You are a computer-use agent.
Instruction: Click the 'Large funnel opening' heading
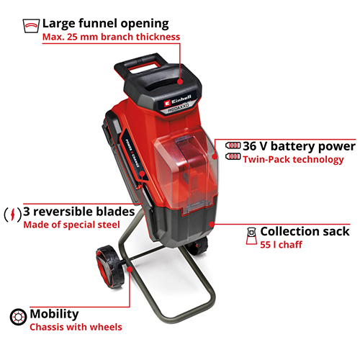105,24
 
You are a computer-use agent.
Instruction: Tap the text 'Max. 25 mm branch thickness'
111,37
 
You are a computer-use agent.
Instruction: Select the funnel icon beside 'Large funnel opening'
31,26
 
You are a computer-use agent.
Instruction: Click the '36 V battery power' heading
299,146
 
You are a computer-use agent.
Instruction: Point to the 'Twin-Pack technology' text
293,160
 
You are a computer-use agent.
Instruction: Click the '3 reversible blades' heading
79,212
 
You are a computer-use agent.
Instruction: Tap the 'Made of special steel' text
71,225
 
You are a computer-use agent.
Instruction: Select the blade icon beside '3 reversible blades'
13,214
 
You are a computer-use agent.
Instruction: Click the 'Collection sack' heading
305,231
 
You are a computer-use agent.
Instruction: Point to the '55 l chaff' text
281,245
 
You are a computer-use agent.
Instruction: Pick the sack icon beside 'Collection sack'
251,236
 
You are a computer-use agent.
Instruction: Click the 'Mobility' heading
54,314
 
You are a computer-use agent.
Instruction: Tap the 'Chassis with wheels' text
76,327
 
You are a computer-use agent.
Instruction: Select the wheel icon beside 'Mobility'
18,317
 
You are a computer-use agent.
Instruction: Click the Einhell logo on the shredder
178,100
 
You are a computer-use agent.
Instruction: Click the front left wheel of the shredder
110,266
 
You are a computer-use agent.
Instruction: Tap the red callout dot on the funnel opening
180,81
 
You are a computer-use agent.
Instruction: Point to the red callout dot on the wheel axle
130,269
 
